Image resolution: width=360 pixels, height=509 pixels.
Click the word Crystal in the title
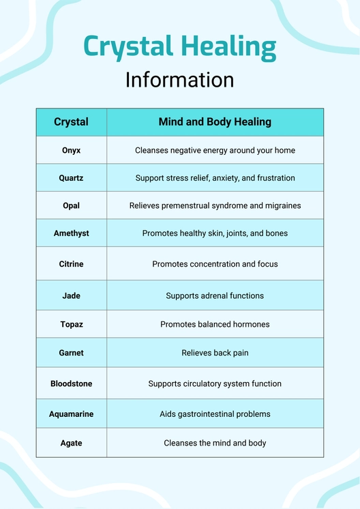tap(128, 47)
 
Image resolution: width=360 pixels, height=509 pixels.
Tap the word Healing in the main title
tap(228, 47)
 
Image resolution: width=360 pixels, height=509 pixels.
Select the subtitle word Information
tap(179, 80)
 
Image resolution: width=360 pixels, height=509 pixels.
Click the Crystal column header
tap(71, 122)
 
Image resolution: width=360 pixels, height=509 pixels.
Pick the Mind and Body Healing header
tap(215, 122)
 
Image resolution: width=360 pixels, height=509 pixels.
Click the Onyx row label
tap(71, 150)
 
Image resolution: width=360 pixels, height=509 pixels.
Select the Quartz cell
tap(71, 178)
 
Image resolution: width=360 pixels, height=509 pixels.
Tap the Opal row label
tap(71, 205)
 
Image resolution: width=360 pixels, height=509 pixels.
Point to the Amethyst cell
tap(71, 233)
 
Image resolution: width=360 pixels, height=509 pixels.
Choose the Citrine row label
tap(71, 264)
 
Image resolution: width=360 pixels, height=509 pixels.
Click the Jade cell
tap(71, 296)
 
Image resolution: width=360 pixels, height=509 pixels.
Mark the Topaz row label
tap(71, 325)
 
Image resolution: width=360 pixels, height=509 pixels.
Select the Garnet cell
tap(71, 353)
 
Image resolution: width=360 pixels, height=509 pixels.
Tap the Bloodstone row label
tap(71, 384)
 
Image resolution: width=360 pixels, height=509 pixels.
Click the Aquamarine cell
tap(71, 414)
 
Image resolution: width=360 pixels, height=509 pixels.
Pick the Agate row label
tap(71, 443)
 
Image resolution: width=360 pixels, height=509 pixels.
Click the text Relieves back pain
tap(215, 353)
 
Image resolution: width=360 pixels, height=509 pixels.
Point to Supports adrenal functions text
tap(215, 296)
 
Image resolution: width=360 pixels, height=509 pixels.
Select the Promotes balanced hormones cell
tap(215, 325)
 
